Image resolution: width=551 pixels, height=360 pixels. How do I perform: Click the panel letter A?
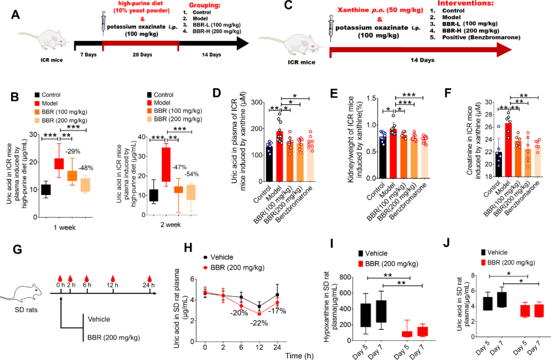click(x=15, y=15)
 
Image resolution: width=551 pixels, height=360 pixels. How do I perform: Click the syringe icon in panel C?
click(x=331, y=29)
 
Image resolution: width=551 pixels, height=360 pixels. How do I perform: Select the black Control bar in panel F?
click(x=498, y=164)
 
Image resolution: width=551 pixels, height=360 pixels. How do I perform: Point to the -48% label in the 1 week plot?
click(x=85, y=167)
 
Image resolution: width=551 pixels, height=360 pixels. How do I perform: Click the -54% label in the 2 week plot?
click(x=191, y=174)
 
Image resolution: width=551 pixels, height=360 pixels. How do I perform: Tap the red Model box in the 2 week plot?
click(x=165, y=164)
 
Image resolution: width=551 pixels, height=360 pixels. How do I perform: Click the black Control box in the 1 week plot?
click(x=46, y=189)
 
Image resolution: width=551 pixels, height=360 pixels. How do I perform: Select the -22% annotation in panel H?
click(x=259, y=323)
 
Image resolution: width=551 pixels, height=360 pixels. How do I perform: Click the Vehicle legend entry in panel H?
click(x=218, y=257)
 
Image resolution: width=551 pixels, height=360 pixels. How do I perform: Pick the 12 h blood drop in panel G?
click(x=113, y=279)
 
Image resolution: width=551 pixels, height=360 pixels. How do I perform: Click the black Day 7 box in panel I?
click(x=381, y=311)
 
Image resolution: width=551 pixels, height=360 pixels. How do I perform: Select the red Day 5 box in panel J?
click(x=525, y=311)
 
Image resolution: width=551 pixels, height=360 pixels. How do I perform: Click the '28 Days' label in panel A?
click(x=142, y=55)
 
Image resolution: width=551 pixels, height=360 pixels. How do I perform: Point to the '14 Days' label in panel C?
click(x=422, y=60)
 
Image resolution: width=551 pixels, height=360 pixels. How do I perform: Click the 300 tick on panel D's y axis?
click(x=259, y=102)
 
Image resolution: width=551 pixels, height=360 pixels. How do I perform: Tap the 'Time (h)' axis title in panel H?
click(x=299, y=355)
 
